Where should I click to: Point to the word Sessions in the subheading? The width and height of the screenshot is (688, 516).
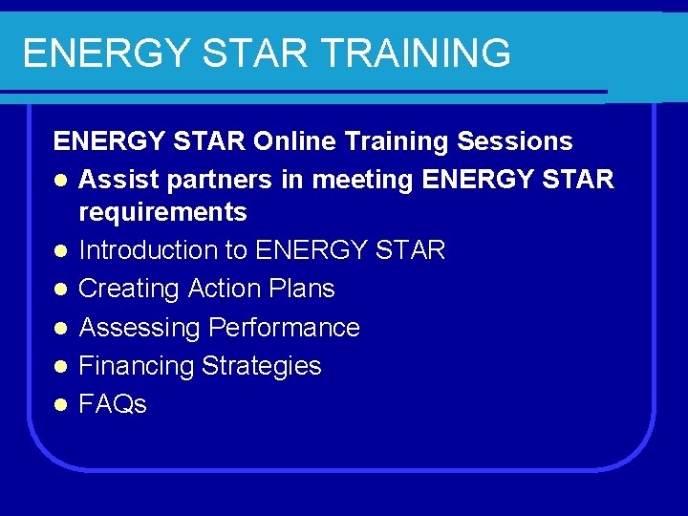click(515, 141)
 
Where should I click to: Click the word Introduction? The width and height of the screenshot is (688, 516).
click(151, 250)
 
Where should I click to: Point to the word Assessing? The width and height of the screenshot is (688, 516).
click(140, 328)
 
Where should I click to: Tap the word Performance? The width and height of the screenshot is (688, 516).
click(284, 328)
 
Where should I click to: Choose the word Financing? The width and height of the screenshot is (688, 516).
click(136, 366)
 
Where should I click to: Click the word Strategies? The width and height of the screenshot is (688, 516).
click(260, 366)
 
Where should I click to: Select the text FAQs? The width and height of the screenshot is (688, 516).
click(113, 404)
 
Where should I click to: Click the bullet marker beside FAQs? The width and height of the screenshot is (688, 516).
click(60, 405)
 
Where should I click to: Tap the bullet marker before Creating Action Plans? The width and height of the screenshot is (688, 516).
click(60, 290)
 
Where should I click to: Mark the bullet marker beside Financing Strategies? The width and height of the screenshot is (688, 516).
click(60, 367)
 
